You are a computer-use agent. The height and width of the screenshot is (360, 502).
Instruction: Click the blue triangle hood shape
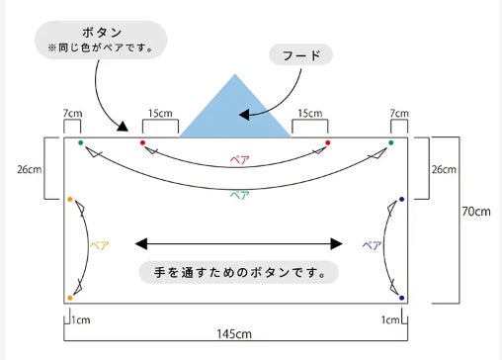pyautogui.click(x=235, y=112)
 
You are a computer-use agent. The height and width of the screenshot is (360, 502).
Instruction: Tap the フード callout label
pyautogui.click(x=301, y=54)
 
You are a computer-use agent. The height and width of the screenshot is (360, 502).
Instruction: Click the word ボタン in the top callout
pyautogui.click(x=102, y=33)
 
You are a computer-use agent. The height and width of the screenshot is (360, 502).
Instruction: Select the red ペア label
pyautogui.click(x=240, y=160)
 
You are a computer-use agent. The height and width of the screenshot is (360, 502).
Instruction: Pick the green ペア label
pyautogui.click(x=239, y=195)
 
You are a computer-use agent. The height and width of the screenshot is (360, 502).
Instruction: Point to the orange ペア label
pyautogui.click(x=100, y=245)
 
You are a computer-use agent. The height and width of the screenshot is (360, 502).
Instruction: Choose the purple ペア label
pyautogui.click(x=372, y=245)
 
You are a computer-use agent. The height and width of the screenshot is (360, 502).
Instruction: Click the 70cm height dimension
pyautogui.click(x=476, y=212)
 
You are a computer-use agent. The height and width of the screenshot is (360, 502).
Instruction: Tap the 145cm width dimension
pyautogui.click(x=234, y=334)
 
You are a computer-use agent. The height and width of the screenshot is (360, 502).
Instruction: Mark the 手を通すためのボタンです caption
pyautogui.click(x=239, y=273)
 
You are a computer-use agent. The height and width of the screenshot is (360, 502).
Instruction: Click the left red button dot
pyautogui.click(x=142, y=142)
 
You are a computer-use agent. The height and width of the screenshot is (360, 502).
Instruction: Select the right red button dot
pyautogui.click(x=328, y=142)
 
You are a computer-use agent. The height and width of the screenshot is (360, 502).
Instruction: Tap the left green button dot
pyautogui.click(x=81, y=142)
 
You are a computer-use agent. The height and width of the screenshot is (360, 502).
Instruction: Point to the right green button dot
pyautogui.click(x=391, y=142)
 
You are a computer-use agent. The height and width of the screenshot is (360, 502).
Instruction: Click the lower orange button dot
pyautogui.click(x=70, y=298)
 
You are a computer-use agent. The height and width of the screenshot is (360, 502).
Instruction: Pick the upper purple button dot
pyautogui.click(x=401, y=199)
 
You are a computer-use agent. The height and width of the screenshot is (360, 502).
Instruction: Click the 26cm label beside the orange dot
pyautogui.click(x=30, y=169)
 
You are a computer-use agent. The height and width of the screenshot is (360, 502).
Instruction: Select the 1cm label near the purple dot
pyautogui.click(x=390, y=319)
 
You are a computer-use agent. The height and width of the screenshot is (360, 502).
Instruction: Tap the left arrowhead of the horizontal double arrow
pyautogui.click(x=141, y=244)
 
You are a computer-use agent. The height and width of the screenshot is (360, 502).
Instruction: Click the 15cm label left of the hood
pyautogui.click(x=160, y=114)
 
